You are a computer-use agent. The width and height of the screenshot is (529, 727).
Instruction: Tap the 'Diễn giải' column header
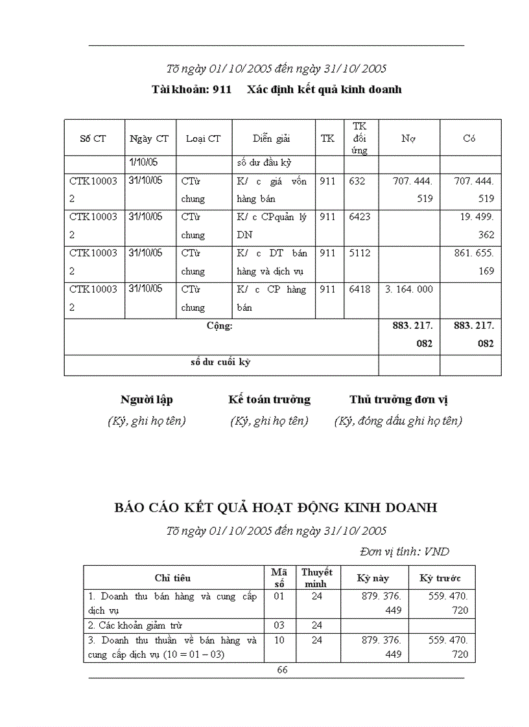click(x=272, y=138)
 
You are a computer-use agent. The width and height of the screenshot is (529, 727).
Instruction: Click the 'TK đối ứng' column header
click(x=360, y=138)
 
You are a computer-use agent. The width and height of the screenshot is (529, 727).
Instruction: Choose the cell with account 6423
click(x=360, y=217)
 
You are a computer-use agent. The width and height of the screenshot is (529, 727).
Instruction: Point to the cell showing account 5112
click(x=360, y=253)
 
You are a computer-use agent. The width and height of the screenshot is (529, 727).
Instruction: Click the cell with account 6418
click(x=360, y=289)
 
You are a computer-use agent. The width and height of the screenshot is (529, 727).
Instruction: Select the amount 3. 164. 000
click(x=408, y=289)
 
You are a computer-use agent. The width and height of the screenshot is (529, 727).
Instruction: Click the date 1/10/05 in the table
click(x=144, y=162)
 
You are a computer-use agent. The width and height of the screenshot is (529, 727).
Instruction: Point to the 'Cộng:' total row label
click(x=220, y=326)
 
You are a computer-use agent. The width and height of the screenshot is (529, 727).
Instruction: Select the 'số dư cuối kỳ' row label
click(x=220, y=362)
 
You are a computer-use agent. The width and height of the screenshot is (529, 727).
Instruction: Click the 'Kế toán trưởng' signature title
click(x=269, y=399)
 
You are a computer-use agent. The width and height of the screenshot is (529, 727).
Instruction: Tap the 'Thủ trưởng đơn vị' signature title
click(x=399, y=399)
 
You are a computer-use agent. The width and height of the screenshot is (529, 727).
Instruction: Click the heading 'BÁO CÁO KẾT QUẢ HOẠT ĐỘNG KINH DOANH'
click(x=276, y=508)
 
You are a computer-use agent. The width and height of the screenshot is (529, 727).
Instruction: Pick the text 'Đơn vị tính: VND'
click(x=405, y=552)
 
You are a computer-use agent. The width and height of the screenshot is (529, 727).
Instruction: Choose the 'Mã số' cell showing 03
click(x=279, y=625)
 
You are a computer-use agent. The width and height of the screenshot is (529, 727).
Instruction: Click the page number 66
click(x=282, y=670)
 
